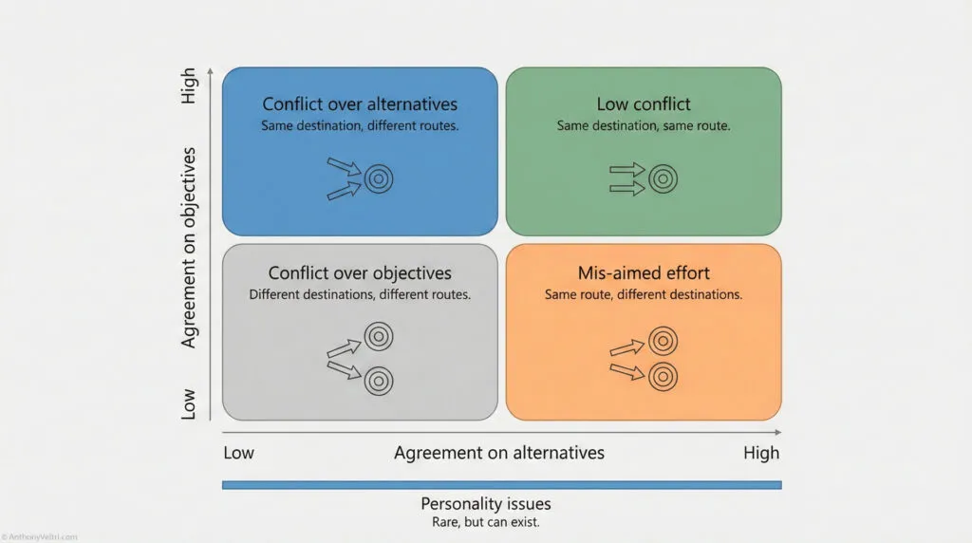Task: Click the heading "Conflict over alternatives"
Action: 360,104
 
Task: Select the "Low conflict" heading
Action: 644,104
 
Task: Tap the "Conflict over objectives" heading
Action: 360,274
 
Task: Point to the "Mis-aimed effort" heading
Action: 644,274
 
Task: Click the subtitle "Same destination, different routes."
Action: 360,125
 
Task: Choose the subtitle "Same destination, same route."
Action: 644,125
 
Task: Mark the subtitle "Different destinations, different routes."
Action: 360,294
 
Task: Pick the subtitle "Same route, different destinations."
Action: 644,294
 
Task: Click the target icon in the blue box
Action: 379,178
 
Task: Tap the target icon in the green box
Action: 663,178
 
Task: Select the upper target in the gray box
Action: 379,335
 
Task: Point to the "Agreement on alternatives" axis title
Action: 499,453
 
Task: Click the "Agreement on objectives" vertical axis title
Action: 189,247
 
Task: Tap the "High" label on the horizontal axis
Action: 761,453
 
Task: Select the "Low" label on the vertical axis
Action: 189,403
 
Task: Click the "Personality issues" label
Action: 485,504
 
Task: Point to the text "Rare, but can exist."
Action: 485,522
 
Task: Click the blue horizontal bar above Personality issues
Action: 501,485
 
